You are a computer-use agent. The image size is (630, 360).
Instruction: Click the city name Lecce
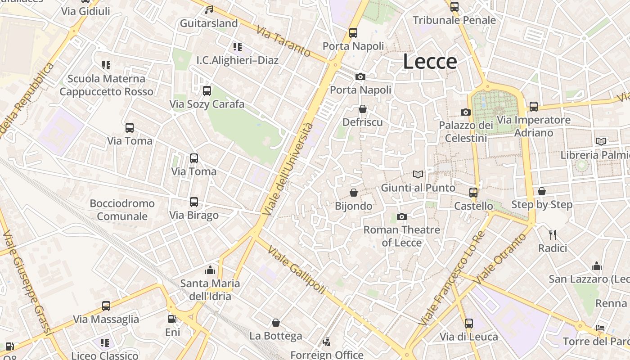coord(430,62)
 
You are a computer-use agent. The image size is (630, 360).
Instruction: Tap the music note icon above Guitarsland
coord(209,9)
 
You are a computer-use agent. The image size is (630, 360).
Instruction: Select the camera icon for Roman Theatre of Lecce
coord(402,217)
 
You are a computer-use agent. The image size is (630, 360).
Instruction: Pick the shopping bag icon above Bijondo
coord(354,193)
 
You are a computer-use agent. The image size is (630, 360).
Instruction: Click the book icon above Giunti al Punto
coord(418,174)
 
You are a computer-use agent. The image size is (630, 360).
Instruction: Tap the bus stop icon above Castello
coord(473,193)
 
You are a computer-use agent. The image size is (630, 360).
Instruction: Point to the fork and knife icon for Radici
coord(553,234)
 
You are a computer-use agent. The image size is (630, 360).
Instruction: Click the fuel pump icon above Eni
coord(172,319)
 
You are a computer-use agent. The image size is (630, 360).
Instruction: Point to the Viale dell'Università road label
coord(288,168)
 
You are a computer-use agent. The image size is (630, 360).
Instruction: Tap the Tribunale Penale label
coord(454,20)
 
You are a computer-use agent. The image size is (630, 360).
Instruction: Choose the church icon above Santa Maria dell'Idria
coord(210,270)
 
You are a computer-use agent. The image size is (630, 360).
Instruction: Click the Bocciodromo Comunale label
coord(122,210)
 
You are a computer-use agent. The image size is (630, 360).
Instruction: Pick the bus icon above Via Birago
coord(194,202)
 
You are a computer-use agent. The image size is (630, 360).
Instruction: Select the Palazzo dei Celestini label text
coord(466,131)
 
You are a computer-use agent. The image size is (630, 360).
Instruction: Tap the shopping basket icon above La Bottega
coord(276,323)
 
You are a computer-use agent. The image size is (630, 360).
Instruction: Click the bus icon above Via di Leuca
coord(469,323)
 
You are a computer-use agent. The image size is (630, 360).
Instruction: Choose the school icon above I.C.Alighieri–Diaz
coord(237,47)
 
